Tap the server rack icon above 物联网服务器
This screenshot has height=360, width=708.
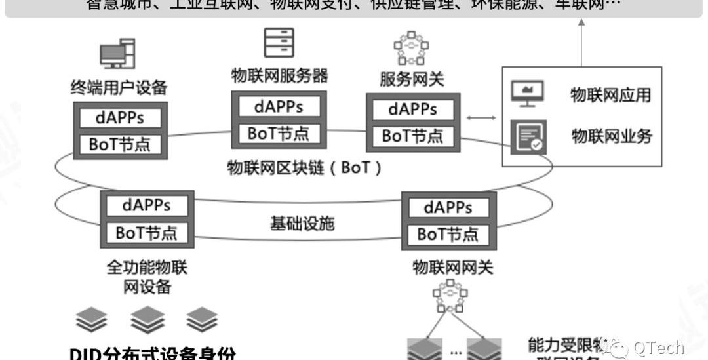(x=279, y=42)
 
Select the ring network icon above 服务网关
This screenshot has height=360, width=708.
(x=411, y=47)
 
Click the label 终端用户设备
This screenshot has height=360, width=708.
(x=119, y=87)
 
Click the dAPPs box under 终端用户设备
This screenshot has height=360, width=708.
(x=119, y=118)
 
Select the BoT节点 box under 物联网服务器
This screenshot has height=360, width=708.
(x=279, y=133)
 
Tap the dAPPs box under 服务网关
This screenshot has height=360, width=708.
(x=412, y=109)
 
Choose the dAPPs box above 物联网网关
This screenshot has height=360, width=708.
(x=448, y=208)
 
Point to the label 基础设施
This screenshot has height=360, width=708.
(x=302, y=224)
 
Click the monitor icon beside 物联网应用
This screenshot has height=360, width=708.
(x=528, y=94)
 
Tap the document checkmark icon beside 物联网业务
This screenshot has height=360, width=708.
(x=528, y=137)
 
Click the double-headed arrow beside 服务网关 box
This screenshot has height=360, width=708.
(x=482, y=118)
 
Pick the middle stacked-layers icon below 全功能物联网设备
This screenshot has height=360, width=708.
(x=147, y=320)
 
